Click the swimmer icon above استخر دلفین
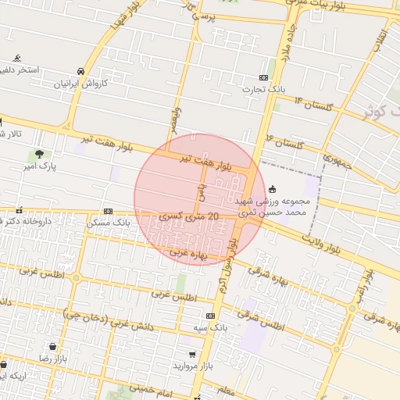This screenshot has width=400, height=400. coord(17,59)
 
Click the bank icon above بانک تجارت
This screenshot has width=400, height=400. coord(263,77)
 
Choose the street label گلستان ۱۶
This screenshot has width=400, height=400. coord(285,142)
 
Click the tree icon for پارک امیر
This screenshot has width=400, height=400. coord(39,153)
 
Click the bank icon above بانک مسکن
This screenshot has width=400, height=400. coord(108,211)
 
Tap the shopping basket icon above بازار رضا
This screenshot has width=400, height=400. coord(52,346)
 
